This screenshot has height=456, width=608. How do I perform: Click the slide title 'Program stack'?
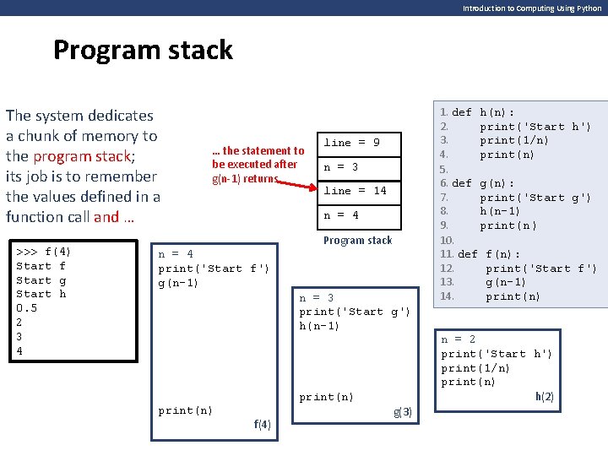[143, 51]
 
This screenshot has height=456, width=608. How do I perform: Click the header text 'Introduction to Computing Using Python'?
[532, 8]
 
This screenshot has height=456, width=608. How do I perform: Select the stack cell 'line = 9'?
[352, 143]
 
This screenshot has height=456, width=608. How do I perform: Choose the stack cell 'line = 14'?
[356, 191]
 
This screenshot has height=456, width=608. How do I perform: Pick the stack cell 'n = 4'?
[341, 215]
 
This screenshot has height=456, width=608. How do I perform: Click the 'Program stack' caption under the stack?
[357, 240]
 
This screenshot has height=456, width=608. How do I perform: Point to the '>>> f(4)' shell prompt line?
[44, 252]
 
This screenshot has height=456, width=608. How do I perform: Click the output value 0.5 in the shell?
[27, 308]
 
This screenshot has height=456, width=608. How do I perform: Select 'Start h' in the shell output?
[41, 294]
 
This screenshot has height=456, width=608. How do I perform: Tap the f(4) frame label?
[262, 425]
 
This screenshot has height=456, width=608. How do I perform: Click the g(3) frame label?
[403, 412]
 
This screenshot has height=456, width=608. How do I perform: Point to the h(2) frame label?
[545, 396]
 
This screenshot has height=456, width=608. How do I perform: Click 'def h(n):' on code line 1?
[484, 112]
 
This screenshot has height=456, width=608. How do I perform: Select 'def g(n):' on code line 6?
[484, 183]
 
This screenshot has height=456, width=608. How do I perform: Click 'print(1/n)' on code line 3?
[514, 140]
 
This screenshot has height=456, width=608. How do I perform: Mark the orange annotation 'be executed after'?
[255, 164]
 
